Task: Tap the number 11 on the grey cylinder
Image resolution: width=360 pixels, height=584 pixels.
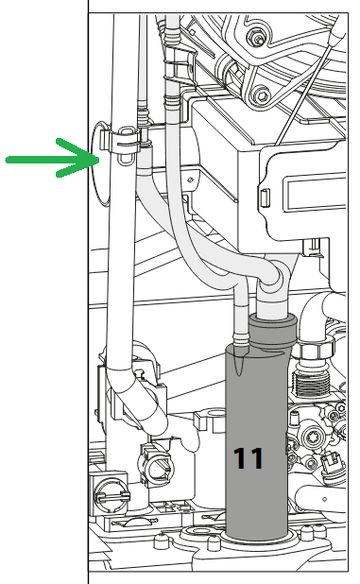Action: click(249, 458)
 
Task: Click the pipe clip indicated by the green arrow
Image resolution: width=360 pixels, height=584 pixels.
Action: click(121, 145)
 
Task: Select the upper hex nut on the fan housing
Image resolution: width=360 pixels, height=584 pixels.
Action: click(257, 36)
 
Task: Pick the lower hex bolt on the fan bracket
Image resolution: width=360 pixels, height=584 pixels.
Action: click(263, 95)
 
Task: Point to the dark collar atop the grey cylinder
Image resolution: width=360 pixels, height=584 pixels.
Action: click(273, 331)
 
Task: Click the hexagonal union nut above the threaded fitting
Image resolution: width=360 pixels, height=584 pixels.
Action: click(315, 350)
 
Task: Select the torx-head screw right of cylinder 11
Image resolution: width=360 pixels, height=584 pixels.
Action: click(311, 437)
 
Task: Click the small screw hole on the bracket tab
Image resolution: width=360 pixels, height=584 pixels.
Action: click(191, 180)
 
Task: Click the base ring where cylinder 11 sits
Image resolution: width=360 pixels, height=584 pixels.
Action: click(257, 540)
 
